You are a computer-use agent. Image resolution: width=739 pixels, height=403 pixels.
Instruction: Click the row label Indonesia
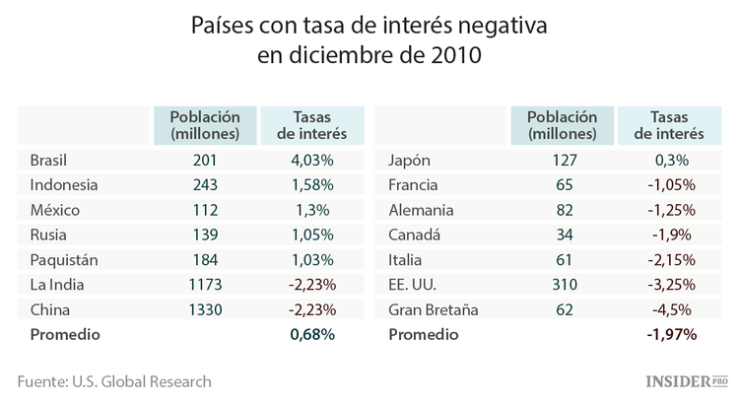point(64,184)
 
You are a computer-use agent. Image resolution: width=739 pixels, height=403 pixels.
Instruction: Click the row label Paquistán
point(65,259)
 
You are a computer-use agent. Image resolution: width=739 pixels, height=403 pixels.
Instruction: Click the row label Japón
point(411,160)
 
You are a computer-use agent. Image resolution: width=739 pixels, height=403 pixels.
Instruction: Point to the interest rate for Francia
point(670,184)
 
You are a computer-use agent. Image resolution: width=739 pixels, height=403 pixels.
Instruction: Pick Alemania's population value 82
point(562,210)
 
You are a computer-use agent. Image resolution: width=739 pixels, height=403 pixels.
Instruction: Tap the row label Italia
point(407,259)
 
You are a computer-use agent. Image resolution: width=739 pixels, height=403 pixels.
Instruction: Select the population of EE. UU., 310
point(562,285)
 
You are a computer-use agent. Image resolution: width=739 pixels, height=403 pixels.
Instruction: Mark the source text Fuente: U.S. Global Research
point(114,380)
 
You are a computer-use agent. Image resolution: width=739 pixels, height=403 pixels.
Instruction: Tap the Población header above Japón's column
point(562,124)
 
